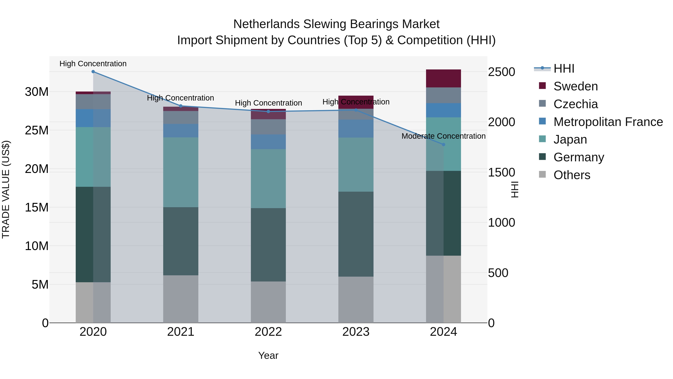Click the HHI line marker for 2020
pyautogui.click(x=93, y=72)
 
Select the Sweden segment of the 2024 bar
pyautogui.click(x=443, y=78)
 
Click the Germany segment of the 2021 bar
pyautogui.click(x=181, y=241)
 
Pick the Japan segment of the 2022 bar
pyautogui.click(x=268, y=179)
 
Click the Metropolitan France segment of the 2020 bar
pyautogui.click(x=93, y=118)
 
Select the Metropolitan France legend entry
pyautogui.click(x=608, y=122)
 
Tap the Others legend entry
pyautogui.click(x=572, y=175)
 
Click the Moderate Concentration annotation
pyautogui.click(x=443, y=136)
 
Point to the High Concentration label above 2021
pyautogui.click(x=181, y=98)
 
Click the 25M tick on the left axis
pyautogui.click(x=37, y=130)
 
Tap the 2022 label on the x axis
pyautogui.click(x=268, y=332)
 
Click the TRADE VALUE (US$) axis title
pyautogui.click(x=6, y=189)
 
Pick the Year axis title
pyautogui.click(x=268, y=356)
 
